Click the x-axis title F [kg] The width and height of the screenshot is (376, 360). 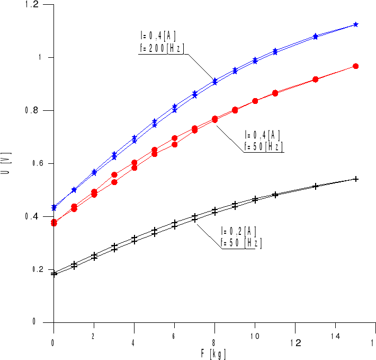(214, 352)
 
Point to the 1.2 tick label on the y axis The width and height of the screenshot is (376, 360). (32, 5)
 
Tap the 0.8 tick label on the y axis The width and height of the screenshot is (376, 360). (32, 111)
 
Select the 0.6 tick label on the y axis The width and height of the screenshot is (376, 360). (32, 164)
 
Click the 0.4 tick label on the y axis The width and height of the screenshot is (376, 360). (32, 217)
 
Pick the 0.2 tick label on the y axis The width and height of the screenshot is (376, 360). (32, 270)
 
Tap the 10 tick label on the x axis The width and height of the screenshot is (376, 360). (255, 336)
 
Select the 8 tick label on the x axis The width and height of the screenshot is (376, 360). (214, 336)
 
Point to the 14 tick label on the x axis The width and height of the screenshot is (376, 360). (335, 336)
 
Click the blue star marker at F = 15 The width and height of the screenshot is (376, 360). (356, 24)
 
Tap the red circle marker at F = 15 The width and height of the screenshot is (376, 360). (356, 66)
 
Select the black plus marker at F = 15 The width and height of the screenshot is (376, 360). (356, 179)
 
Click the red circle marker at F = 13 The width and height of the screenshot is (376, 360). (316, 80)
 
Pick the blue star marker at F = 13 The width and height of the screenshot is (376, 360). (316, 37)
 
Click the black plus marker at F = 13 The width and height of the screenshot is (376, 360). (316, 186)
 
